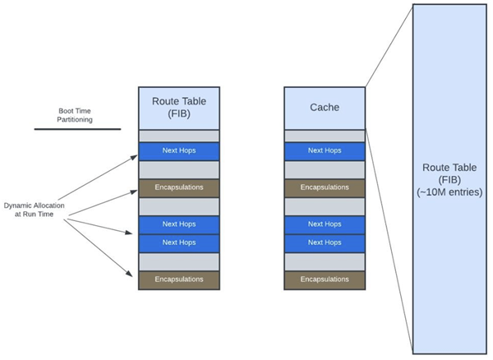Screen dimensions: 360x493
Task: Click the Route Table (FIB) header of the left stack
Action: [x=179, y=108]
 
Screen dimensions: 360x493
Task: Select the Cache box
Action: [x=325, y=108]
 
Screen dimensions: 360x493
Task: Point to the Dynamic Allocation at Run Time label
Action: [x=35, y=209]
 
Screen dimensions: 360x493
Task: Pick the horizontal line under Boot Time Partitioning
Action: [x=77, y=128]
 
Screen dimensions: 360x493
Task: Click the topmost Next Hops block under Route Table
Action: [x=179, y=151]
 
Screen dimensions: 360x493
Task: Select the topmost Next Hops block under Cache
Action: [x=325, y=151]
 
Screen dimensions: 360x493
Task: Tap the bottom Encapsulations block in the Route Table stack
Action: [x=179, y=279]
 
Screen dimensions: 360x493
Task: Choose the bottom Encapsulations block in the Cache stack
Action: [x=325, y=279]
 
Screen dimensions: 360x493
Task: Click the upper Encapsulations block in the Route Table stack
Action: [x=179, y=187]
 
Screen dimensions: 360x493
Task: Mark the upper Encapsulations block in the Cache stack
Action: [x=325, y=187]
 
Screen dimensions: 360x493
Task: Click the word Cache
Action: [x=325, y=108]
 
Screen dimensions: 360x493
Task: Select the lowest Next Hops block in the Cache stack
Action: [x=325, y=242]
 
